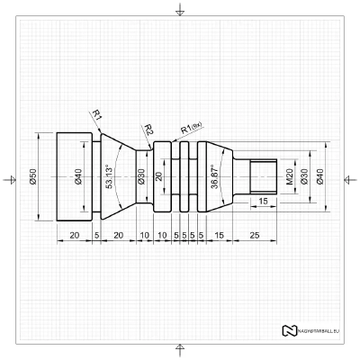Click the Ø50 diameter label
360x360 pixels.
coord(32,177)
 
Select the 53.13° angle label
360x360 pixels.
coord(109,177)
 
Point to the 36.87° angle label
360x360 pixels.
coord(213,176)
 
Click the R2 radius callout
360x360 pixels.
coord(148,130)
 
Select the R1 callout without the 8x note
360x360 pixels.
coord(96,114)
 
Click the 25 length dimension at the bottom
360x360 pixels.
coord(255,234)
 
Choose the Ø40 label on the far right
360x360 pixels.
coord(320,177)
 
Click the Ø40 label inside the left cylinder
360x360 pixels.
coord(78,177)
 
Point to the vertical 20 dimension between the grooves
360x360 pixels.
coord(159,176)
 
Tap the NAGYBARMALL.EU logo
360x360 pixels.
coord(312,330)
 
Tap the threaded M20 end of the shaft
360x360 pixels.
coord(262,177)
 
